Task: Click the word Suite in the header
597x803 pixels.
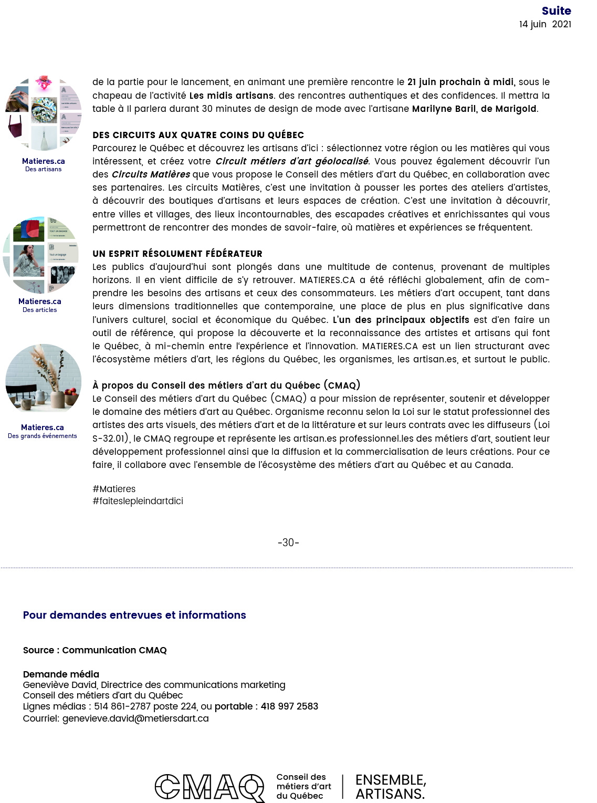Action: point(556,11)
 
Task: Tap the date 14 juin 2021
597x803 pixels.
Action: point(545,24)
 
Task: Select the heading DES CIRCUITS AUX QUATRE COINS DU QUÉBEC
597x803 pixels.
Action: point(198,135)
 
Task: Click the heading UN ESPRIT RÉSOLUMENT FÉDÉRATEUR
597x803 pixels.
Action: point(177,254)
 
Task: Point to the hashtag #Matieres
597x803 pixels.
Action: point(114,489)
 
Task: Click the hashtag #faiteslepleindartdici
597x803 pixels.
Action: point(138,501)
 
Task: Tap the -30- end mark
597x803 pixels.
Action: point(288,543)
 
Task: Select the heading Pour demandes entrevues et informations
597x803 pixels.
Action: point(134,615)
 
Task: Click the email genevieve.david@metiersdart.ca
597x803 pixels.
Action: point(135,718)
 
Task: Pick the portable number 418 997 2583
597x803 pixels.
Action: point(289,706)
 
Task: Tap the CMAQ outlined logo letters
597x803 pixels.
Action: point(210,787)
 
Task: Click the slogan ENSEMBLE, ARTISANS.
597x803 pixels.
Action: point(391,787)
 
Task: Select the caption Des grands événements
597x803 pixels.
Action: point(43,436)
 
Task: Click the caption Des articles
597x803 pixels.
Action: point(40,310)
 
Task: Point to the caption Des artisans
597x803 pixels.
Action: point(44,169)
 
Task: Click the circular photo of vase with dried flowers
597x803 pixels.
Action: point(44,379)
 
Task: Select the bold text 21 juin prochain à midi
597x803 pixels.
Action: point(461,82)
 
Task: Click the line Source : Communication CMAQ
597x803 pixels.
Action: point(95,650)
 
